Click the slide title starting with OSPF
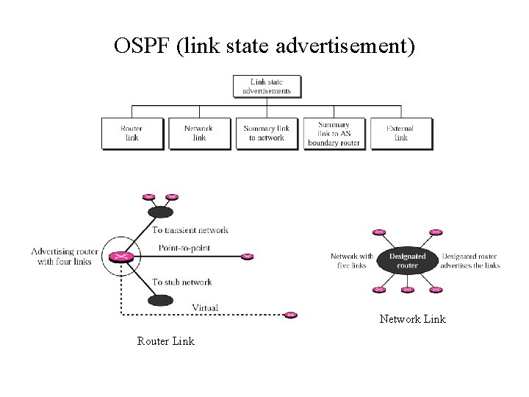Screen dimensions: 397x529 pyautogui.click(x=264, y=47)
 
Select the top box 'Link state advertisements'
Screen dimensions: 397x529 pyautogui.click(x=266, y=86)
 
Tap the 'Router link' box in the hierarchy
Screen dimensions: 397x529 pyautogui.click(x=132, y=133)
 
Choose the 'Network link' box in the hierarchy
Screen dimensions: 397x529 pyautogui.click(x=199, y=133)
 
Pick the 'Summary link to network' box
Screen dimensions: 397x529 pyautogui.click(x=266, y=133)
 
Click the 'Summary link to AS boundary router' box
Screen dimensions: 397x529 pyautogui.click(x=334, y=133)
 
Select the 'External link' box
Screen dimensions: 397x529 pyautogui.click(x=400, y=133)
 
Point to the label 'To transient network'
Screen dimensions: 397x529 pyautogui.click(x=190, y=230)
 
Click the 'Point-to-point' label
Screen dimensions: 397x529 pyautogui.click(x=184, y=248)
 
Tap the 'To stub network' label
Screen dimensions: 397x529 pyautogui.click(x=182, y=282)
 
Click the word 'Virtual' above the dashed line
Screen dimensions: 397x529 pyautogui.click(x=204, y=307)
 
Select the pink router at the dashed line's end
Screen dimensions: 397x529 pyautogui.click(x=291, y=315)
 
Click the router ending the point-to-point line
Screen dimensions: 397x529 pyautogui.click(x=247, y=257)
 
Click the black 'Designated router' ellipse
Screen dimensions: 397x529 pyautogui.click(x=408, y=261)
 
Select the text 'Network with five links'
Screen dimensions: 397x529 pyautogui.click(x=353, y=261)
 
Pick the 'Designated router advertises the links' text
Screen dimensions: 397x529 pyautogui.click(x=470, y=261)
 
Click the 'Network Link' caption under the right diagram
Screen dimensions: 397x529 pyautogui.click(x=412, y=319)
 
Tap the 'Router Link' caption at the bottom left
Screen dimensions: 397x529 pyautogui.click(x=165, y=341)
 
